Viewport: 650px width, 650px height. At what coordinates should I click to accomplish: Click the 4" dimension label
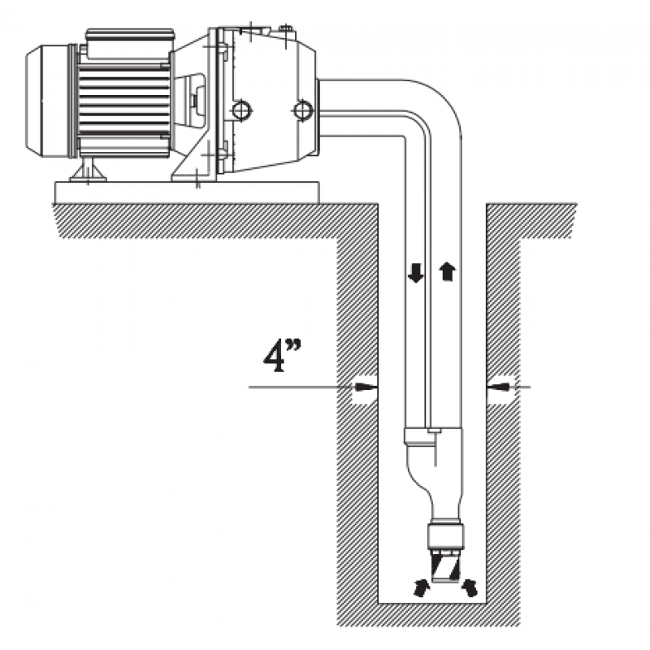[x=282, y=355]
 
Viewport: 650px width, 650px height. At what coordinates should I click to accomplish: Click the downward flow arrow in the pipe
[x=416, y=274]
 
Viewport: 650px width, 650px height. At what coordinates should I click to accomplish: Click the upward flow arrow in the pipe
[x=448, y=271]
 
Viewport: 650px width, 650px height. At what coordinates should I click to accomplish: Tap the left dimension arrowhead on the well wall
[x=366, y=387]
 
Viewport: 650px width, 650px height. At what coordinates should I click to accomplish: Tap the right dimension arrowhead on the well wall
[x=499, y=387]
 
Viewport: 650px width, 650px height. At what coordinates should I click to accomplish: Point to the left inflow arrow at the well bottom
[x=421, y=587]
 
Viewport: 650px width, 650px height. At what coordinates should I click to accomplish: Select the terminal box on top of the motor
[x=129, y=43]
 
